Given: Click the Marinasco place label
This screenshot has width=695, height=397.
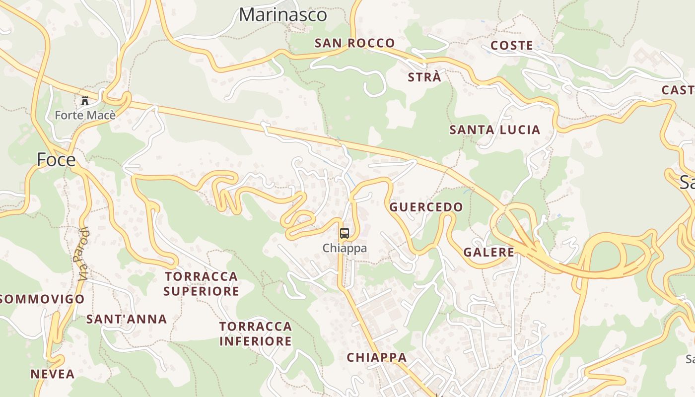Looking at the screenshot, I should pyautogui.click(x=283, y=15).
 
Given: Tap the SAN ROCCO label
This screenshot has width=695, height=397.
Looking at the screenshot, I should pyautogui.click(x=354, y=43).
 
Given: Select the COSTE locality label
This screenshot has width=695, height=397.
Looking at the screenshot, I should pyautogui.click(x=511, y=46).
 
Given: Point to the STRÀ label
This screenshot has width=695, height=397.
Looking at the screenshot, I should pyautogui.click(x=424, y=77).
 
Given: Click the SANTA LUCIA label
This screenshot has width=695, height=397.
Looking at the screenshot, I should pyautogui.click(x=494, y=130).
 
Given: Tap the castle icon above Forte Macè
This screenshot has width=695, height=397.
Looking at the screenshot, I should pyautogui.click(x=85, y=101).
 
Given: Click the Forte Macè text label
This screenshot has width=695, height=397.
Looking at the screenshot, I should pyautogui.click(x=85, y=116).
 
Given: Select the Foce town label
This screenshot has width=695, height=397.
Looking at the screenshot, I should pyautogui.click(x=56, y=160).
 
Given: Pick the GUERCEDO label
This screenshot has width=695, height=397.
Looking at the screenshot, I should pyautogui.click(x=426, y=207).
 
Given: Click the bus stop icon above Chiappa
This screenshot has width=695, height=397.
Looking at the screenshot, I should pyautogui.click(x=345, y=233).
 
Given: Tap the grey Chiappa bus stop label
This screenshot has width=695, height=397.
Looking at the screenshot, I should pyautogui.click(x=345, y=248).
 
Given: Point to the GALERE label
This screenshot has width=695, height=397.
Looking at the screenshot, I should pyautogui.click(x=488, y=252).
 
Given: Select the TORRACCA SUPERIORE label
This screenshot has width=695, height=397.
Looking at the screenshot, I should pyautogui.click(x=201, y=283).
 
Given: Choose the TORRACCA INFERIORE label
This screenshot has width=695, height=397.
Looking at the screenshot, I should pyautogui.click(x=255, y=333).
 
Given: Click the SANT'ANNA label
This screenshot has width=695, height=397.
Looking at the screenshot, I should pyautogui.click(x=127, y=319).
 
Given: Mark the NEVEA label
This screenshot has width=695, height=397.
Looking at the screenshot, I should pyautogui.click(x=53, y=374).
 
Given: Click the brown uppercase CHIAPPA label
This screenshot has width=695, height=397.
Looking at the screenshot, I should pyautogui.click(x=376, y=357).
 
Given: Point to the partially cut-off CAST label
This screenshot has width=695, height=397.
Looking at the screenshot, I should pyautogui.click(x=678, y=90).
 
